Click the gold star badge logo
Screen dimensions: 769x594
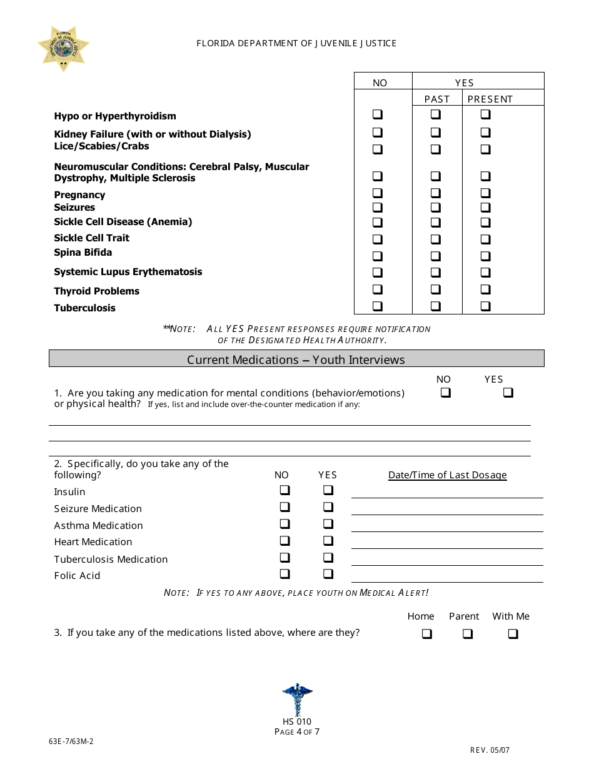[63, 48]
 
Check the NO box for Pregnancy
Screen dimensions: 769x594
[378, 193]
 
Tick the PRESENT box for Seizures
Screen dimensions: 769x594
[485, 208]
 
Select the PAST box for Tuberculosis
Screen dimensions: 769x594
[435, 306]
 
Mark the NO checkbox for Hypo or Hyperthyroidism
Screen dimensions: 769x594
[378, 114]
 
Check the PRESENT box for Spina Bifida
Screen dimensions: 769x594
[485, 256]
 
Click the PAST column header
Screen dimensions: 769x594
[436, 99]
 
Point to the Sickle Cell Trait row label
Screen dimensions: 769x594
[91, 238]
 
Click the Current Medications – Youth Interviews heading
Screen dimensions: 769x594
[296, 359]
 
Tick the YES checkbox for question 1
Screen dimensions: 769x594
[508, 393]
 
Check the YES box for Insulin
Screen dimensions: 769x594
[328, 491]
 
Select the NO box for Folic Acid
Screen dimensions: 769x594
[284, 574]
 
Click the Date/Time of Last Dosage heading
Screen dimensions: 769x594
[447, 475]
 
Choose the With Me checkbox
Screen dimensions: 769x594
[513, 634]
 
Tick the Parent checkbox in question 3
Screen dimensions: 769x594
[468, 634]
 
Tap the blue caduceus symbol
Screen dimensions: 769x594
[297, 699]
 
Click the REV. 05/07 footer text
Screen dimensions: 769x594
[490, 750]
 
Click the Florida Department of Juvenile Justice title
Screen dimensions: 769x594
[296, 43]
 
